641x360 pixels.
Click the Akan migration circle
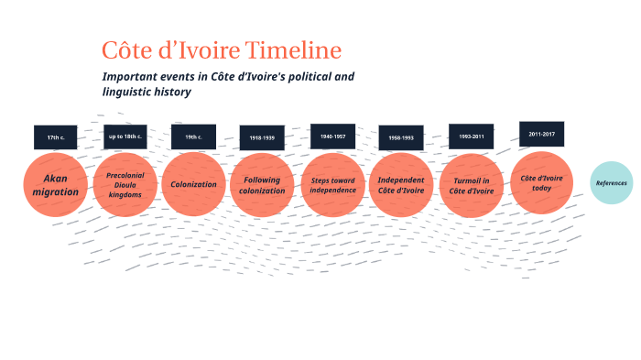coord(55,185)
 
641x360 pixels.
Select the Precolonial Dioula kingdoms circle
coord(125,185)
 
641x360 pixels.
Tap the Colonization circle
coord(193,184)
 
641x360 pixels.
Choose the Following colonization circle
coord(262,185)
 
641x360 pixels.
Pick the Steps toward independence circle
coord(332,185)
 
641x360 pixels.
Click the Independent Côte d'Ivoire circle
coord(401,185)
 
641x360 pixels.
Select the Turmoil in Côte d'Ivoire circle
coord(473,185)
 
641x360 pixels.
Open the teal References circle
coord(611,183)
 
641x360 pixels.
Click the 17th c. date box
coord(56,137)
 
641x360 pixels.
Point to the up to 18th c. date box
coord(125,137)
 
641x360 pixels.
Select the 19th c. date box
coord(193,137)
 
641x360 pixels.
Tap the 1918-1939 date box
coord(262,138)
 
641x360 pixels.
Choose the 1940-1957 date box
coord(332,136)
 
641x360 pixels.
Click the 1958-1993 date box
coord(401,138)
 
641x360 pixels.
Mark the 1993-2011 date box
coord(471,136)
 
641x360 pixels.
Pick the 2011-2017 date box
coord(541,134)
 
